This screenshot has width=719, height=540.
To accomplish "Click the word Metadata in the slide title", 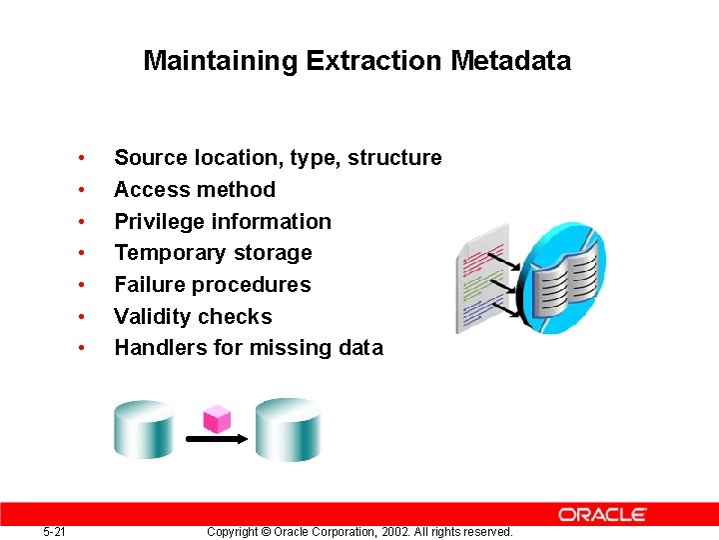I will (x=510, y=61).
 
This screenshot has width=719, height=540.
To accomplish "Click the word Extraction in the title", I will (x=373, y=61).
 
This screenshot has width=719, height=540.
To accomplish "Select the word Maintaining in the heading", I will (x=221, y=61).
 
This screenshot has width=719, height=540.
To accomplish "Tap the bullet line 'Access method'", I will (x=195, y=189).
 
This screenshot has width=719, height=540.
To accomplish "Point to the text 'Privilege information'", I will (x=222, y=221).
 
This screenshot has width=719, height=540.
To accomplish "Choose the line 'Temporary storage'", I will (x=213, y=253).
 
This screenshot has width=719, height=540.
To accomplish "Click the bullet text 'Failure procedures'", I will (x=212, y=285).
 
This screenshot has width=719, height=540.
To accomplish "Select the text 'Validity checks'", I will (x=193, y=317).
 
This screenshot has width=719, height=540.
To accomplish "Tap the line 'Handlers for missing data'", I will (x=248, y=348).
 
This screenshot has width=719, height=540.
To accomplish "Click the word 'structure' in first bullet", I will (x=394, y=158).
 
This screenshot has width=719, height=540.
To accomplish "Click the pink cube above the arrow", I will (x=216, y=417).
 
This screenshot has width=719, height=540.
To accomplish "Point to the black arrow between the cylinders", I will (x=215, y=438).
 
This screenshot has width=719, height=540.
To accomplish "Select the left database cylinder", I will (x=144, y=429).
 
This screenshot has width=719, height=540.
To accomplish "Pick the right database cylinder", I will (x=288, y=429).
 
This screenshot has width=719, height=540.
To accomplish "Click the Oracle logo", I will (x=602, y=514).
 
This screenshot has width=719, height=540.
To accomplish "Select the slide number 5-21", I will (x=55, y=532).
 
